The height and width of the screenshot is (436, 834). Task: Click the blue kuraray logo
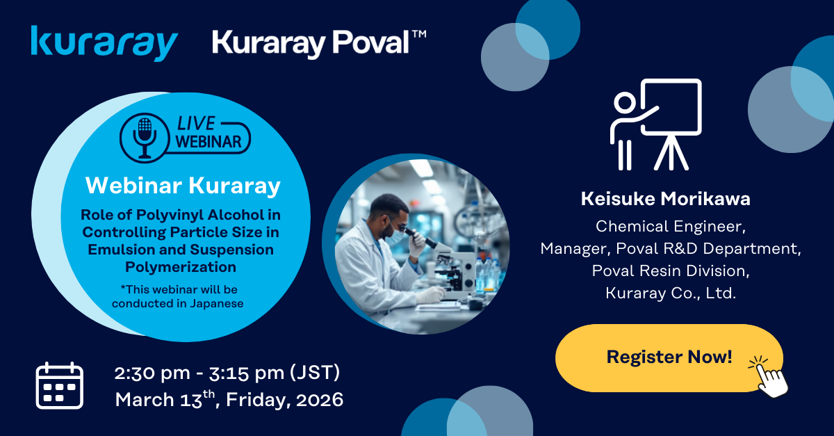point(104,43)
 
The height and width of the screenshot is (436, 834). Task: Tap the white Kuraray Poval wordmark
point(309,43)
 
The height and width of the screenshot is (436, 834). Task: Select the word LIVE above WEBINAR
point(195,122)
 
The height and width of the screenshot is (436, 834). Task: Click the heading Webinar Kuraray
point(183,186)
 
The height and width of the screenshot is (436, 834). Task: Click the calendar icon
point(59,385)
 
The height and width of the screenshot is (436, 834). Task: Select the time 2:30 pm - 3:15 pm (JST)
point(227,373)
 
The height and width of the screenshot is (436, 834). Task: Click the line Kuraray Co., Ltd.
point(671,293)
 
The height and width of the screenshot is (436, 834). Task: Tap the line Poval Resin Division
point(671,271)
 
